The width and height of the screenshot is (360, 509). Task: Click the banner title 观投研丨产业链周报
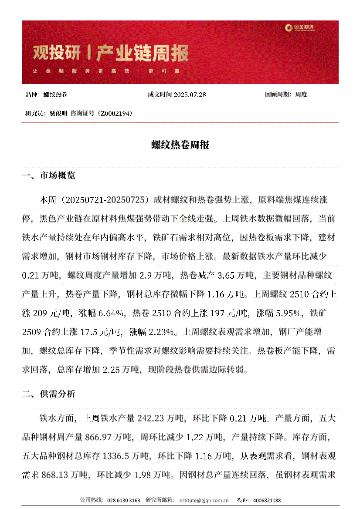click(x=111, y=54)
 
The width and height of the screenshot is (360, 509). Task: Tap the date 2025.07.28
click(x=190, y=94)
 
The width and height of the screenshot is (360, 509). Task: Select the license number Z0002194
click(x=114, y=113)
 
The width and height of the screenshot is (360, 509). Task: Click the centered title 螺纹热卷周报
click(x=180, y=145)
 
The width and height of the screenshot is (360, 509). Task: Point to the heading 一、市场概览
click(x=48, y=176)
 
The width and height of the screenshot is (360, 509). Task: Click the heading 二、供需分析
click(x=48, y=394)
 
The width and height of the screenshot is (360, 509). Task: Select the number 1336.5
click(x=118, y=456)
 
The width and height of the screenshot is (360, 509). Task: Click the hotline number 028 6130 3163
click(x=123, y=501)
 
